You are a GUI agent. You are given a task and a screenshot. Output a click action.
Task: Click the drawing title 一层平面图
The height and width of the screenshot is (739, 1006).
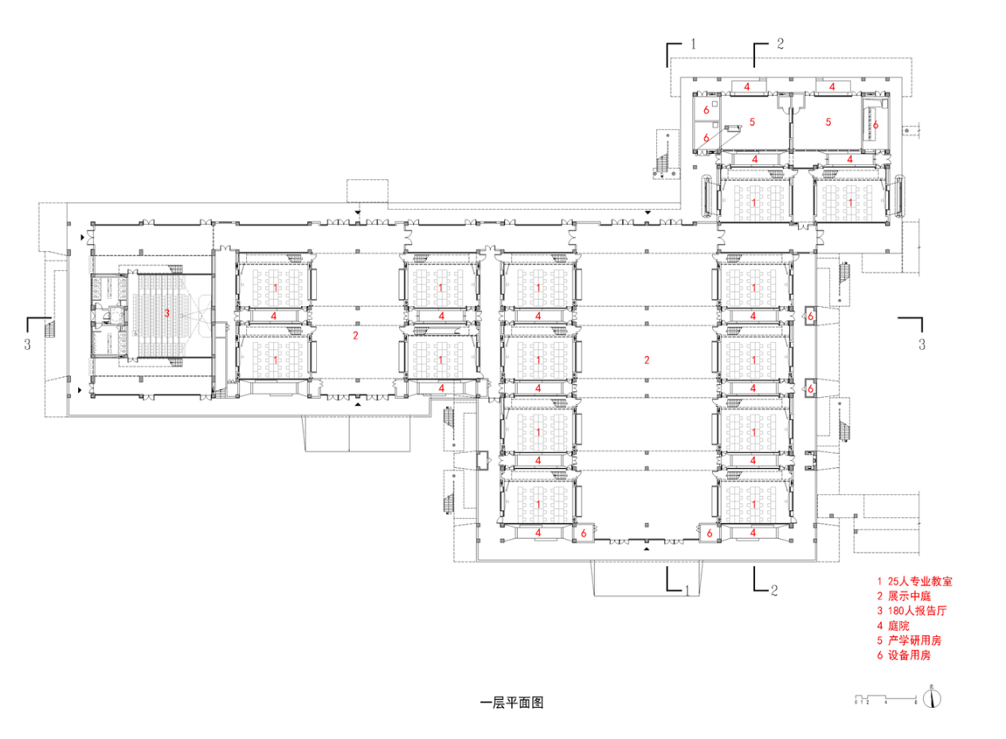511,703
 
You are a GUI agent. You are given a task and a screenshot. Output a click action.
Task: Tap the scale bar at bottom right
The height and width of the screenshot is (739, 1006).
886,699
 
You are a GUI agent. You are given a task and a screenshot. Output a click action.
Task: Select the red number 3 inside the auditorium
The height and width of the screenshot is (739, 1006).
166,313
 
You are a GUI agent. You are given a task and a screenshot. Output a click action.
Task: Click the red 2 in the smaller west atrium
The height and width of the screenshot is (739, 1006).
355,336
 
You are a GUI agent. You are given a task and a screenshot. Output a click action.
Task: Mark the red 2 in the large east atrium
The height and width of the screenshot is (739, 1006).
647,360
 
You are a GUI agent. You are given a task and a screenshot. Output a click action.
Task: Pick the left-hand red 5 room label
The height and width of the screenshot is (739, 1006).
752,122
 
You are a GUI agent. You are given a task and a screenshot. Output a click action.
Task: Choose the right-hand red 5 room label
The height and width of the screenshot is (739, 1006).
828,122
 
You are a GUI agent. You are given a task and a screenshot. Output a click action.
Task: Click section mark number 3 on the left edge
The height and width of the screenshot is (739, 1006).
28,344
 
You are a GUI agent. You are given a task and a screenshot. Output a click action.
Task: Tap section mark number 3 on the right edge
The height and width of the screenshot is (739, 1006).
922,344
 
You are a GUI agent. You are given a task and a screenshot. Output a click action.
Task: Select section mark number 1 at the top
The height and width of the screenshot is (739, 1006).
693,44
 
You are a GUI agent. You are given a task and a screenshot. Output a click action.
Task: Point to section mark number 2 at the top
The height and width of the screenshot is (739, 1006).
780,44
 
